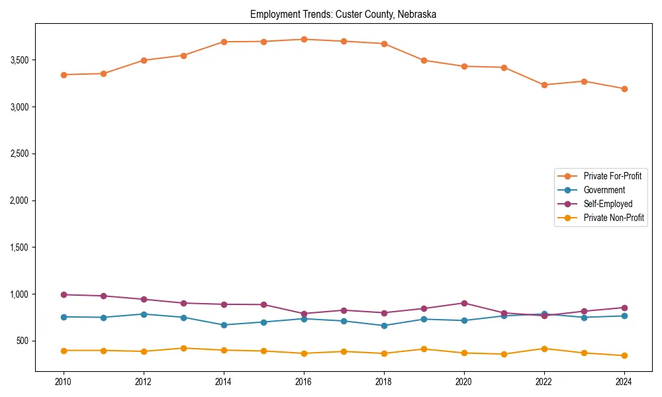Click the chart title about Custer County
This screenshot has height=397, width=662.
343,14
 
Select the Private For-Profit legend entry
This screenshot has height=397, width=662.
612,176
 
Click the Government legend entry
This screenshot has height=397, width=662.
604,190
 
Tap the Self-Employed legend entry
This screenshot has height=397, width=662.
608,204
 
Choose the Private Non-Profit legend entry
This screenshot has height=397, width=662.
614,218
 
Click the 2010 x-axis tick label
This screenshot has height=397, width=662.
64,382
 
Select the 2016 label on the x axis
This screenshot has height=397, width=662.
304,382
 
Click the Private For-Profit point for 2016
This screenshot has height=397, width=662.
304,40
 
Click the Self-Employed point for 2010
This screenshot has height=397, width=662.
64,294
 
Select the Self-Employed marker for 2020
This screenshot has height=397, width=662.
464,303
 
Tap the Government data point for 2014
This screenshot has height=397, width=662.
224,325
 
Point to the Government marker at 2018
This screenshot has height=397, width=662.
384,326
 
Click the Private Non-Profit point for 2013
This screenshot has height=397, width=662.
183,348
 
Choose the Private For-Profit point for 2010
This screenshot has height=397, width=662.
64,75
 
